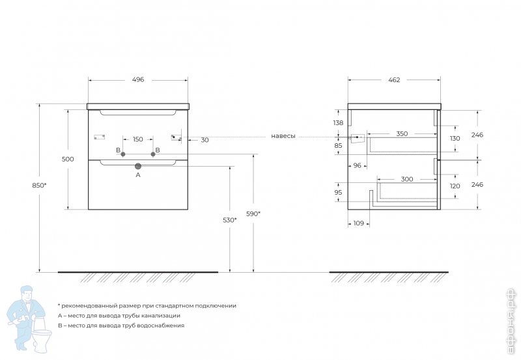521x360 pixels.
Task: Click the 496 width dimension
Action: (137, 79)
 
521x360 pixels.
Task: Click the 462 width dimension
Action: (394, 79)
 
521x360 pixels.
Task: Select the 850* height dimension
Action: (39, 186)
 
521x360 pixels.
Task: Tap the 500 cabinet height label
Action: (68, 159)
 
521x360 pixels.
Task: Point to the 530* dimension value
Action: (230, 220)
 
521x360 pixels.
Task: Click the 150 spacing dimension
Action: (138, 139)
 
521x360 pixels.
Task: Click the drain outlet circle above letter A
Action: (137, 166)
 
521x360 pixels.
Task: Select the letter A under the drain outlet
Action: (137, 175)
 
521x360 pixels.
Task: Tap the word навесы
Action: (283, 136)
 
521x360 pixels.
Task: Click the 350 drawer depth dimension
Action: (402, 133)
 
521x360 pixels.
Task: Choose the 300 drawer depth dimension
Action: (407, 179)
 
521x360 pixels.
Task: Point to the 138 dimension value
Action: (338, 123)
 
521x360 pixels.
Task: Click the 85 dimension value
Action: (338, 146)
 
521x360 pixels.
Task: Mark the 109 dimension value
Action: (358, 223)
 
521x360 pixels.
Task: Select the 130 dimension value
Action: (455, 139)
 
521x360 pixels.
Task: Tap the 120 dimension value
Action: (455, 186)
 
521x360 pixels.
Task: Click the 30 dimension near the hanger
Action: (204, 140)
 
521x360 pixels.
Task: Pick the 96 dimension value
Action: (357, 165)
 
